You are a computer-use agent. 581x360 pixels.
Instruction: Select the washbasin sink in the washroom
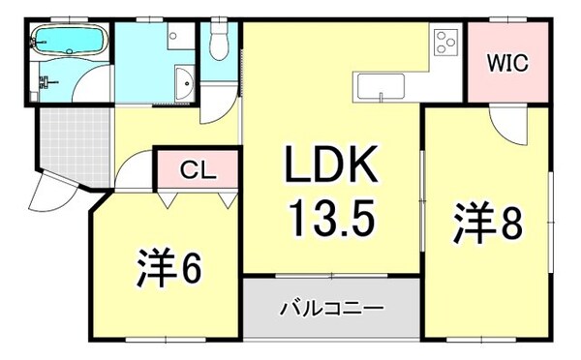click(x=182, y=83)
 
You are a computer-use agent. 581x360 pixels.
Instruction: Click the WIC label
click(x=507, y=64)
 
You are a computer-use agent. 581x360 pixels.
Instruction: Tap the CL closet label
click(x=199, y=171)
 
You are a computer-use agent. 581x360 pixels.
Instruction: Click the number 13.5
click(x=329, y=223)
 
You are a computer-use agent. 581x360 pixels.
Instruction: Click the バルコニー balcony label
click(x=332, y=310)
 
